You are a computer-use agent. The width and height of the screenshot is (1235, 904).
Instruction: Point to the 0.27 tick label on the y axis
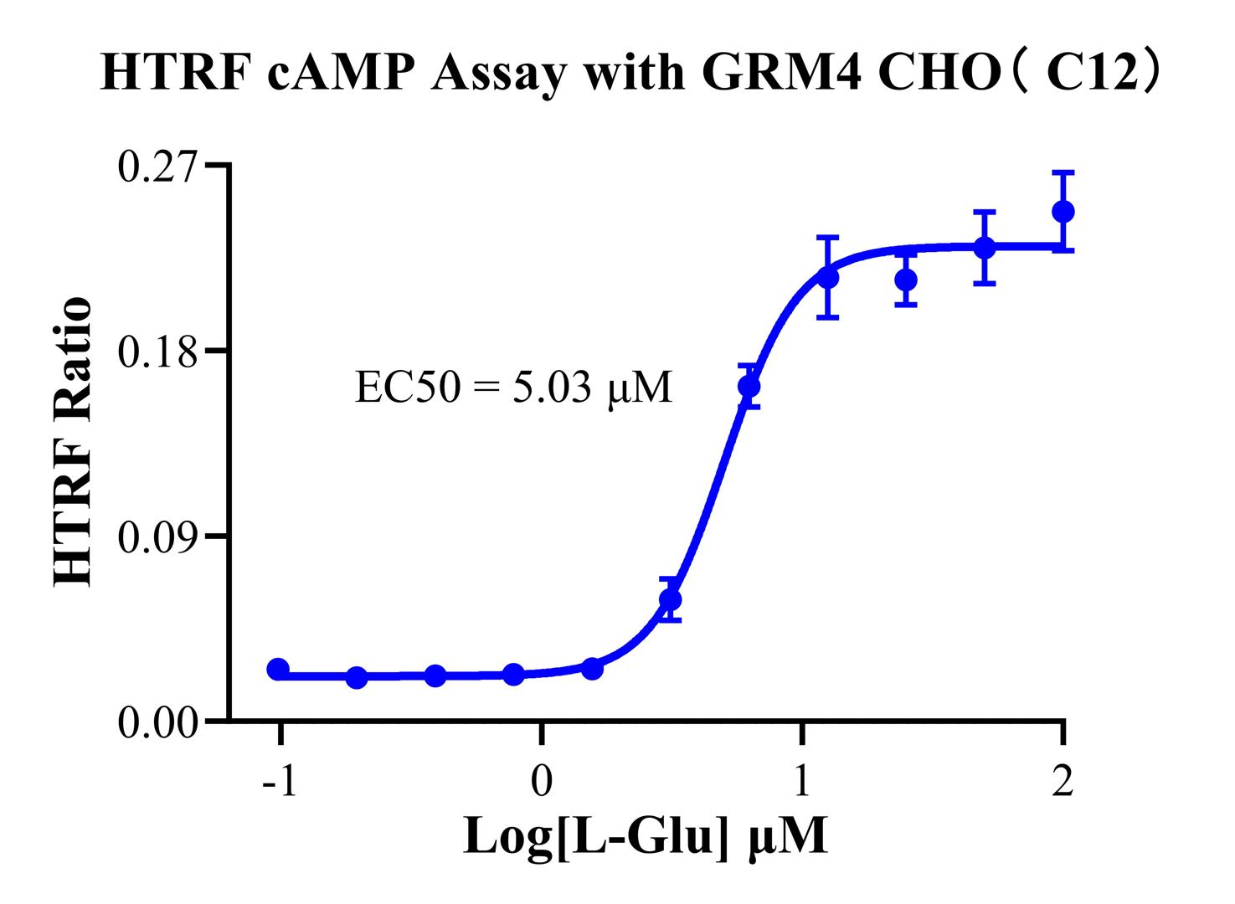click(160, 167)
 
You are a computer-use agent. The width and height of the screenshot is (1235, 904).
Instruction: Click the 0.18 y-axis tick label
click(160, 351)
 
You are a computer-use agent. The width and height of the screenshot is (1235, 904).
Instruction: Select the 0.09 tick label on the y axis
click(160, 536)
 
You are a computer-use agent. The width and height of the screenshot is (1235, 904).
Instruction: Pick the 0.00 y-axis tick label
click(160, 721)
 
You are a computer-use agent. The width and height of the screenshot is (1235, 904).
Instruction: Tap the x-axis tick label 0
click(542, 784)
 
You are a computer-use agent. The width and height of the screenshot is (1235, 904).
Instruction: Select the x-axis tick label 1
click(802, 784)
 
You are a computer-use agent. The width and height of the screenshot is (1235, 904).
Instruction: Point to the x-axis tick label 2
click(1063, 784)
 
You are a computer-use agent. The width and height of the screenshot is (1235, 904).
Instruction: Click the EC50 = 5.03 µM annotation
click(513, 388)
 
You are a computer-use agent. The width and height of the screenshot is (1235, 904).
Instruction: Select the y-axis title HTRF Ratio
click(73, 443)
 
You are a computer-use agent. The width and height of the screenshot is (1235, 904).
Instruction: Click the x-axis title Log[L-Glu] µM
click(646, 837)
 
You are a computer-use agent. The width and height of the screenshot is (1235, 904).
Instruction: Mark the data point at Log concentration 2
click(1063, 212)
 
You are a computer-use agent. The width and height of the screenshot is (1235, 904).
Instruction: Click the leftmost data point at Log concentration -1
click(278, 669)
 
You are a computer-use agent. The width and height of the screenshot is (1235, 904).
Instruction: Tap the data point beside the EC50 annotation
click(749, 387)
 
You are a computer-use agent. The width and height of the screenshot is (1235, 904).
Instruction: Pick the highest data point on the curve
click(1063, 212)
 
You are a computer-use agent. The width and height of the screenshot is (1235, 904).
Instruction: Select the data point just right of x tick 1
click(828, 278)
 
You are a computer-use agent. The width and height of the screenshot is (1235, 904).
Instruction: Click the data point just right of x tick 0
click(592, 669)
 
